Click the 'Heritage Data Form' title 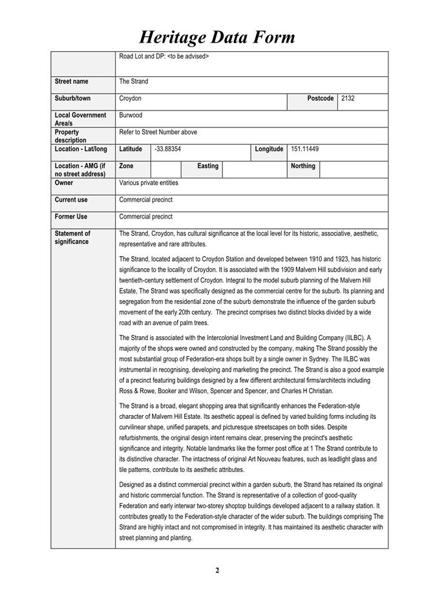pyautogui.click(x=217, y=37)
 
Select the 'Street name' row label pyautogui.click(x=71, y=81)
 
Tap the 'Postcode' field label pyautogui.click(x=321, y=98)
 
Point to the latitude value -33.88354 pyautogui.click(x=168, y=149)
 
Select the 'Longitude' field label pyautogui.click(x=269, y=149)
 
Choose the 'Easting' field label pyautogui.click(x=207, y=166)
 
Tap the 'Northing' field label pyautogui.click(x=303, y=166)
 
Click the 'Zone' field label pyautogui.click(x=127, y=166)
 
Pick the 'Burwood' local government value pyautogui.click(x=131, y=115)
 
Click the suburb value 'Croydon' pyautogui.click(x=130, y=98)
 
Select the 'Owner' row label pyautogui.click(x=63, y=183)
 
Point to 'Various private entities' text pyautogui.click(x=149, y=183)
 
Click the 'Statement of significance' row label pyautogui.click(x=72, y=237)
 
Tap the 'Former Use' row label pyautogui.click(x=71, y=217)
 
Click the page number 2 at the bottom pyautogui.click(x=217, y=570)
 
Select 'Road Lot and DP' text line pyautogui.click(x=164, y=56)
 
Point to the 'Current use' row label pyautogui.click(x=71, y=200)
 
